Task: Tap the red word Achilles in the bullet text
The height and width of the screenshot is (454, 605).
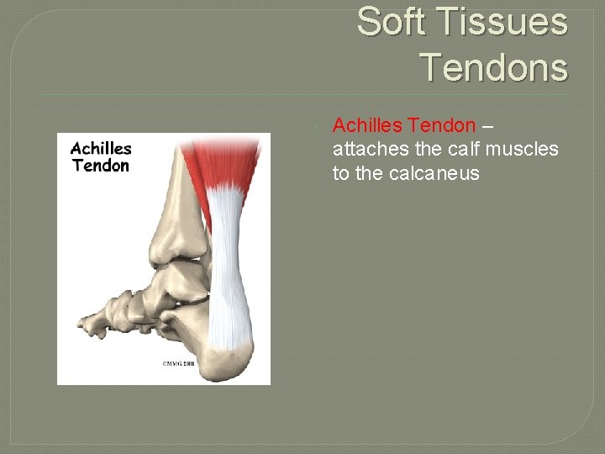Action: (x=367, y=125)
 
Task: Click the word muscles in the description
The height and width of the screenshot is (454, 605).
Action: (x=526, y=150)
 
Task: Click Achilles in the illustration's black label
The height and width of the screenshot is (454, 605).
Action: (x=101, y=148)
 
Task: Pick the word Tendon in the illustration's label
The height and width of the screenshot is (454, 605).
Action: (x=101, y=165)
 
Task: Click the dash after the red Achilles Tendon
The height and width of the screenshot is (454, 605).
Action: (x=489, y=126)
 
